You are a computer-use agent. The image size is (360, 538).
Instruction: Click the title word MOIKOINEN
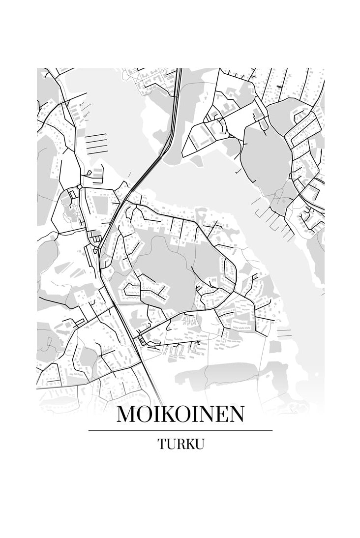[x=180, y=415]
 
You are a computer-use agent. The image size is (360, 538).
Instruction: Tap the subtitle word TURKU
[x=180, y=444]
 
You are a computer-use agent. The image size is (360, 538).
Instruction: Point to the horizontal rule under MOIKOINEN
[x=180, y=431]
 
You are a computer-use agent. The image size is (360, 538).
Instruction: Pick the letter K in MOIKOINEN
[x=169, y=415]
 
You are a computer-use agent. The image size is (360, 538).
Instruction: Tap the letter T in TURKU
[x=162, y=444]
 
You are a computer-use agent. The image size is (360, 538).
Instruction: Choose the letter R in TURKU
[x=180, y=444]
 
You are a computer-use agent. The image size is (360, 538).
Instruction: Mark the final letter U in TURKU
[x=199, y=444]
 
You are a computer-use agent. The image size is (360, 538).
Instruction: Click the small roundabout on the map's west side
[x=79, y=187]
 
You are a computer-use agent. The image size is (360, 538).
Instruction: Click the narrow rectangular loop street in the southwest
[x=79, y=322]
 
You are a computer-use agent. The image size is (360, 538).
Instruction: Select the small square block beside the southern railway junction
[x=142, y=340]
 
